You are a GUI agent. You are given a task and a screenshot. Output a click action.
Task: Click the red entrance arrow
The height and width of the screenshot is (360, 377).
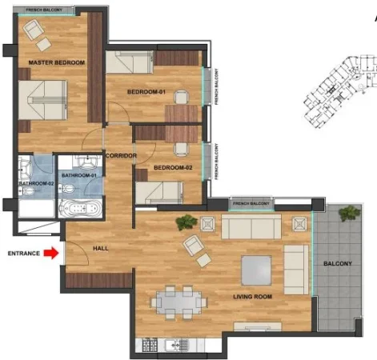coord(50,253)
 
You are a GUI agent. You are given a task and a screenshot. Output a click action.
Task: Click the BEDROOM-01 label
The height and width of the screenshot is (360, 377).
coord(146,92)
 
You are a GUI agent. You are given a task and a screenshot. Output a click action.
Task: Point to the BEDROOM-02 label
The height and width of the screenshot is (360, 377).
coord(172,167)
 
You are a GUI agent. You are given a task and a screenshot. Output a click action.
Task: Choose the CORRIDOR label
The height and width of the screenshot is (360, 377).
coord(120,155)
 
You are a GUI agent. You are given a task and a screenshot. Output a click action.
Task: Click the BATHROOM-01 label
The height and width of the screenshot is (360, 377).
coord(80,174)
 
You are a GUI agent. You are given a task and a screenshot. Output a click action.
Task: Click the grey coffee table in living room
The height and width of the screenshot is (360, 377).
coord(260,267)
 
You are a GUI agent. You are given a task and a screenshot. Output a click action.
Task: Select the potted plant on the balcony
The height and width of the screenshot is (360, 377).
coord(348,214)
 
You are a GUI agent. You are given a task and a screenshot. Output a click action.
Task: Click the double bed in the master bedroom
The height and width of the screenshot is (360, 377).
coord(42,102)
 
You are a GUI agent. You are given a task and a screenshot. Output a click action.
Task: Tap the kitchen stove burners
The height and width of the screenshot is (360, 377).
coord(148,346)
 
